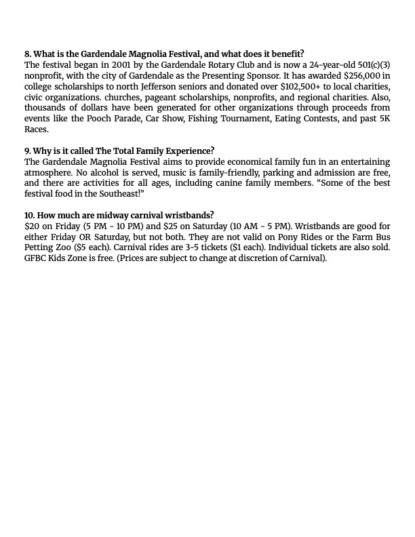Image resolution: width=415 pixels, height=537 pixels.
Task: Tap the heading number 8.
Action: [28, 54]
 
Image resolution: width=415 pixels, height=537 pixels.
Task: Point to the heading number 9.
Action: [28, 151]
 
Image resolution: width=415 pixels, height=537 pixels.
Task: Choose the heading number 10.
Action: [30, 216]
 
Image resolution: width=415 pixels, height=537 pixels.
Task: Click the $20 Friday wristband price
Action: [31, 226]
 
